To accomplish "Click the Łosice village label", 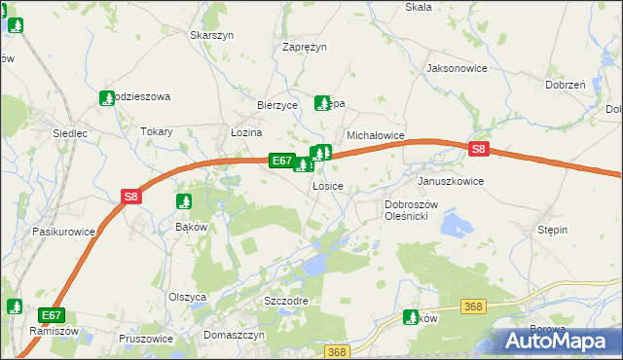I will [327, 185].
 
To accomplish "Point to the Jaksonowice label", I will [457, 69].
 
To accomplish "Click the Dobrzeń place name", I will [565, 85].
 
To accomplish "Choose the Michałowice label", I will [376, 136].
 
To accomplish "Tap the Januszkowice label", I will [450, 181].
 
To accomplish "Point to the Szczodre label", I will [286, 301].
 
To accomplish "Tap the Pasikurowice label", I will [63, 232].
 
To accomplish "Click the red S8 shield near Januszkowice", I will [478, 149].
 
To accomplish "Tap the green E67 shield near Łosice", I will [281, 161].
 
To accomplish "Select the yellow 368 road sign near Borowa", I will [473, 306].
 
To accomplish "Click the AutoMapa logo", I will [560, 341].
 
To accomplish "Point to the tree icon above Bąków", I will [184, 201].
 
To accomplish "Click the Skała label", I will [418, 7].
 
